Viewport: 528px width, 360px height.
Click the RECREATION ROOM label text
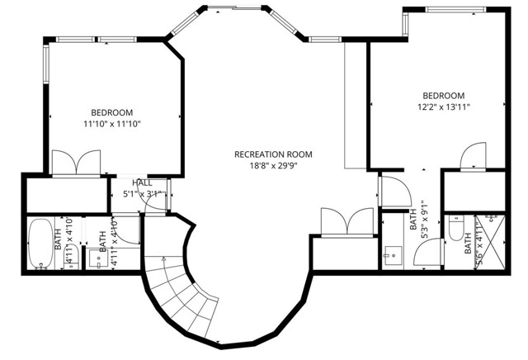(x=273, y=154)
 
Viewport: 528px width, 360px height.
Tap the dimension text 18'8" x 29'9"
(x=273, y=166)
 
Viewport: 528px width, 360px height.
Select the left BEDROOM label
(x=111, y=112)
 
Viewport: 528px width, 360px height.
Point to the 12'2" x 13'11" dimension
(x=444, y=107)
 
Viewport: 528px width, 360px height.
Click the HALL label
(x=142, y=183)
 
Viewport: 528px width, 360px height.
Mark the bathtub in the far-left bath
(x=39, y=244)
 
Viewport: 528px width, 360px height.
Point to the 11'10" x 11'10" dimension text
(x=111, y=124)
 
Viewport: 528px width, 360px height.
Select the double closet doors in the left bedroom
(x=76, y=162)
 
